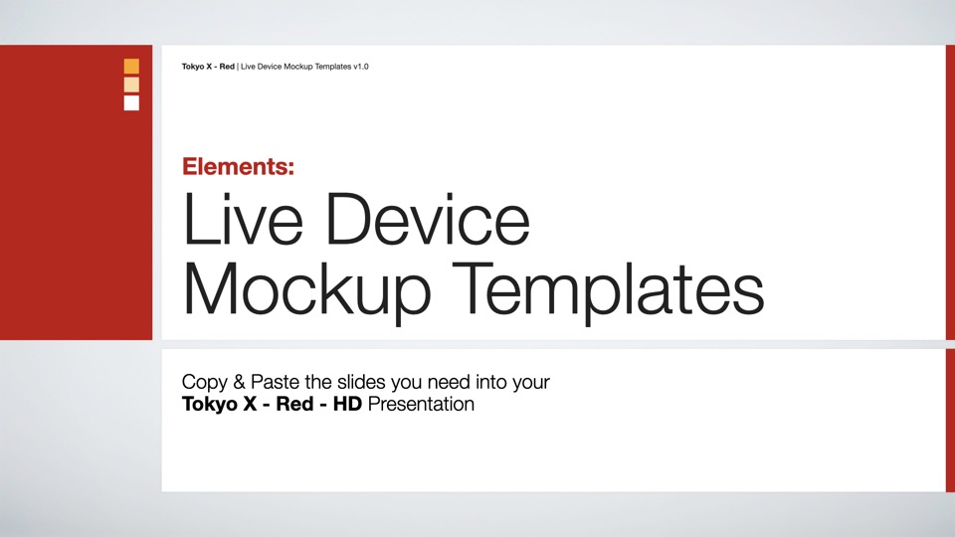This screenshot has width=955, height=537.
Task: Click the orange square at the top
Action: [x=131, y=66]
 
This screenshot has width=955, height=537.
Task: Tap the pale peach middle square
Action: [x=131, y=85]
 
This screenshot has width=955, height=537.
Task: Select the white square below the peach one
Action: [x=131, y=102]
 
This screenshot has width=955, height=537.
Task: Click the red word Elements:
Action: [x=238, y=166]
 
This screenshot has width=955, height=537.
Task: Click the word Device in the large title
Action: [x=428, y=219]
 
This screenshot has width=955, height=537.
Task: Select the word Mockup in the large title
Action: [x=306, y=291]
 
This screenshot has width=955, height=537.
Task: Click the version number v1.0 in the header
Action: [x=361, y=67]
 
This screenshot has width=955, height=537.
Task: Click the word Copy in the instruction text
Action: [x=205, y=382]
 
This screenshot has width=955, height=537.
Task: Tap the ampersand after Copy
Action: [x=240, y=382]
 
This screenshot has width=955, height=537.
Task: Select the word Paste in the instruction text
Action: [x=276, y=382]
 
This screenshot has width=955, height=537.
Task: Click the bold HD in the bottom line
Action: [x=347, y=404]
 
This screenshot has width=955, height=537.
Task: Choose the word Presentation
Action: [x=421, y=404]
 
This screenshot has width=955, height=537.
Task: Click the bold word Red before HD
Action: [x=294, y=404]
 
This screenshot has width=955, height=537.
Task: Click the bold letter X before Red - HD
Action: [x=250, y=404]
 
